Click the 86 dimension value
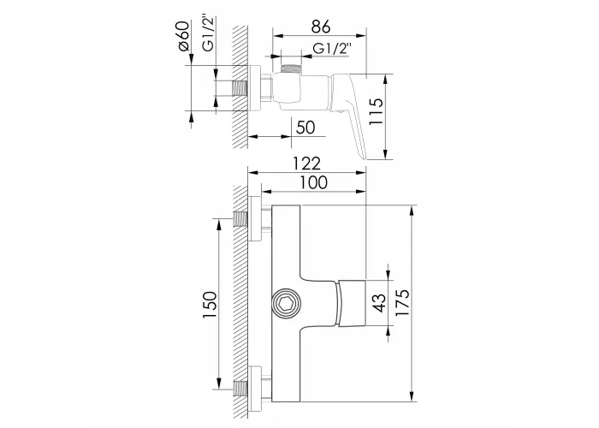(321, 27)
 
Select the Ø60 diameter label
(184, 36)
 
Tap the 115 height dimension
(376, 111)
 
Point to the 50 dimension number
(305, 128)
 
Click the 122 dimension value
(306, 163)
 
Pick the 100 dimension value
(313, 182)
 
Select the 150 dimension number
(210, 305)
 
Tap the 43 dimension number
(379, 303)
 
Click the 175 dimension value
(402, 302)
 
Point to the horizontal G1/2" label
(332, 49)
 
